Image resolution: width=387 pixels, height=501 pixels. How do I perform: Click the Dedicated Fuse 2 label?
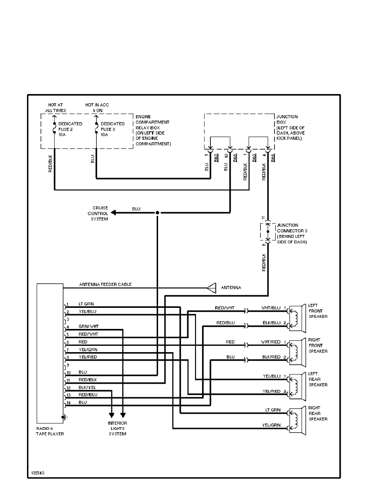click(70, 127)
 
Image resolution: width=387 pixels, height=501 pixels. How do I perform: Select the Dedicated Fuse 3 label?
click(113, 127)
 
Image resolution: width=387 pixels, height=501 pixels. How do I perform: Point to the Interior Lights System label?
click(118, 428)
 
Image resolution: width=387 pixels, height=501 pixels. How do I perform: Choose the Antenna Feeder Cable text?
click(105, 285)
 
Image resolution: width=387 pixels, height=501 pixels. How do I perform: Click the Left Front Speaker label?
click(318, 311)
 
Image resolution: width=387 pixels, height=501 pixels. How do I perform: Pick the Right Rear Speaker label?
click(318, 414)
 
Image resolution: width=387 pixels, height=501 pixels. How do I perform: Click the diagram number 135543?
click(38, 473)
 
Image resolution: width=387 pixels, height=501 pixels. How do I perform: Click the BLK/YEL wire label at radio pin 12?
click(87, 387)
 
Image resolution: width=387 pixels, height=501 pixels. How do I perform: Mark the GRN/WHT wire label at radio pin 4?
click(89, 326)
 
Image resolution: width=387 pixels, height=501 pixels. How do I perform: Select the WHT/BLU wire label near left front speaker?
click(271, 307)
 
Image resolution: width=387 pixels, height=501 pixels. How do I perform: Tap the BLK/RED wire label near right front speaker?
click(271, 357)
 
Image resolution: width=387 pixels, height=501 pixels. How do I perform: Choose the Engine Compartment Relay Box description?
click(153, 130)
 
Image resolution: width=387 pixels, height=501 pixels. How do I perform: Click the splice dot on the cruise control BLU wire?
click(157, 213)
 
